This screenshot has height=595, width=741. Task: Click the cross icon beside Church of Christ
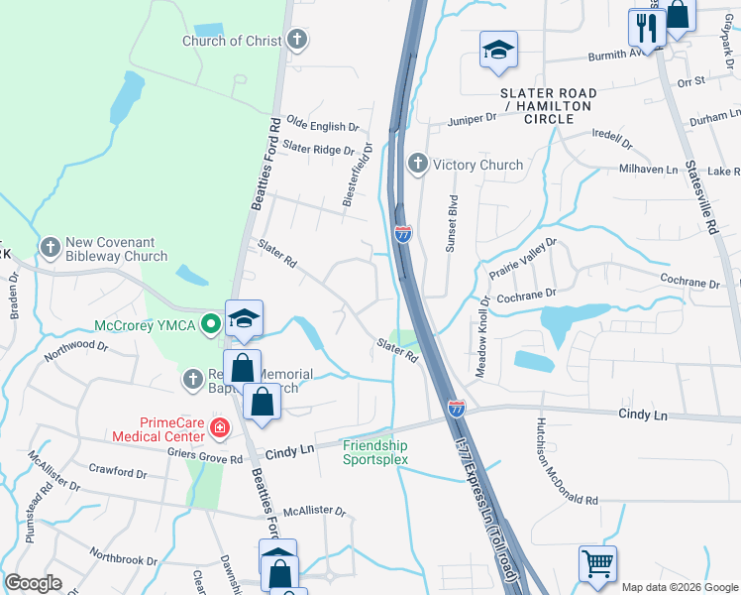pos(296,41)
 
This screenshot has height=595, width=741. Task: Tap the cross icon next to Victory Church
pos(418,165)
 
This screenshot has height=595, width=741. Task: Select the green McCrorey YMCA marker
pos(210,324)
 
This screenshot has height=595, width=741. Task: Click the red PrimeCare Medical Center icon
pos(219,429)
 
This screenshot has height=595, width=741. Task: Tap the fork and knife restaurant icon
pos(647,29)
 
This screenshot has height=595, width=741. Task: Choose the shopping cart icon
pos(597,564)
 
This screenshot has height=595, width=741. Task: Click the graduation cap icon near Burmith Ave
pos(498,50)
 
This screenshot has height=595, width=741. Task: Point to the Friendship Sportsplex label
pos(374,452)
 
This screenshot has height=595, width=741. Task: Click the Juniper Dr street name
pos(472,118)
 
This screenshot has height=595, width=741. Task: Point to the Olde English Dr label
pos(322,127)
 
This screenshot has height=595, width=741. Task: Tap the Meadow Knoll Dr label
pos(483,337)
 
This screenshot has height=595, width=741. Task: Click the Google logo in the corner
pos(33,583)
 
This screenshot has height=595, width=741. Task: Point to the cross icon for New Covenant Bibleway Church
pos(50,246)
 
